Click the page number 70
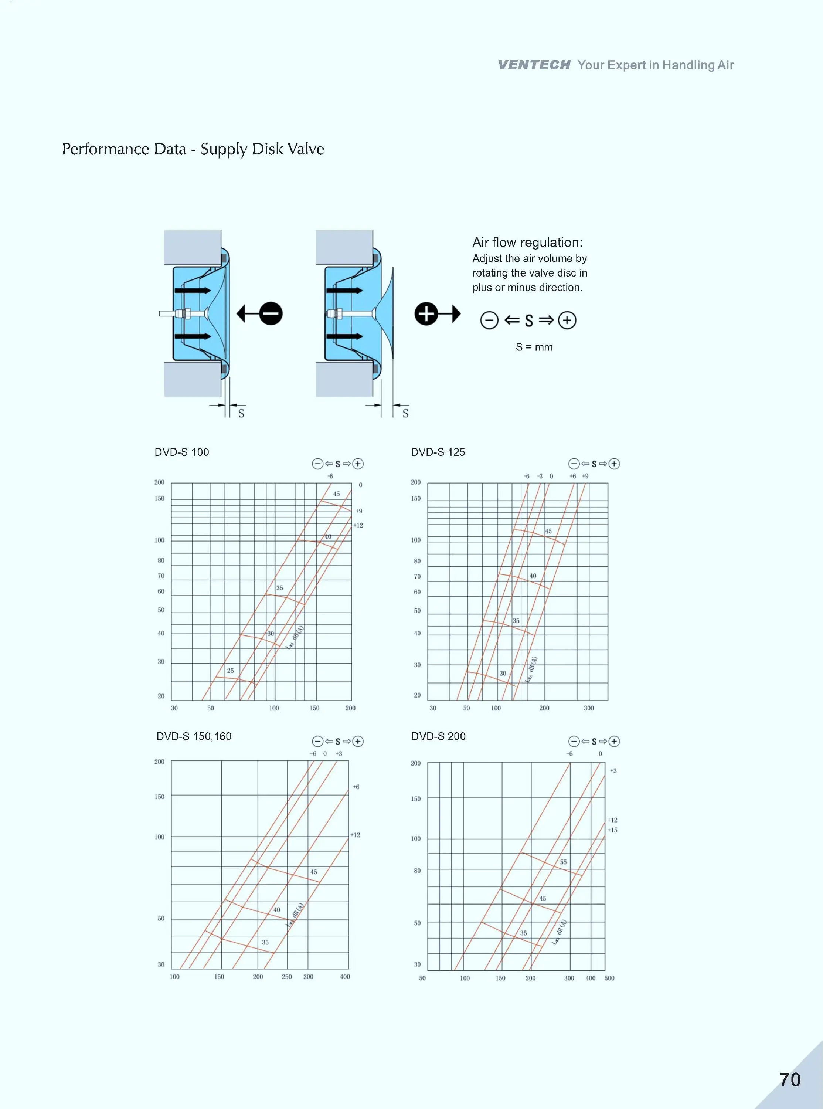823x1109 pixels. pos(790,1079)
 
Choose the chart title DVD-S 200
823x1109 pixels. pos(438,736)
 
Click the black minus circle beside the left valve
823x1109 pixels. pos(271,314)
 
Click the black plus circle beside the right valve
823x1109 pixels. pos(426,314)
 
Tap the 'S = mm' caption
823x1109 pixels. pos(534,347)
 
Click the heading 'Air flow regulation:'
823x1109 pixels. pos(527,243)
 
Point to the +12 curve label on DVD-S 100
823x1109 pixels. pos(358,526)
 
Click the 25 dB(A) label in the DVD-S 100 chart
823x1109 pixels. pos(230,671)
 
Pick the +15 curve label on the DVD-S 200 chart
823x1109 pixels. pos(612,830)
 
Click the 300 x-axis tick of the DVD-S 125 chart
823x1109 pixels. pos(588,708)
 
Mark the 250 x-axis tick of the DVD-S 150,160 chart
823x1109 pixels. pos(286,977)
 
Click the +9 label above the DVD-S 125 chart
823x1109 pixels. pos(585,476)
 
